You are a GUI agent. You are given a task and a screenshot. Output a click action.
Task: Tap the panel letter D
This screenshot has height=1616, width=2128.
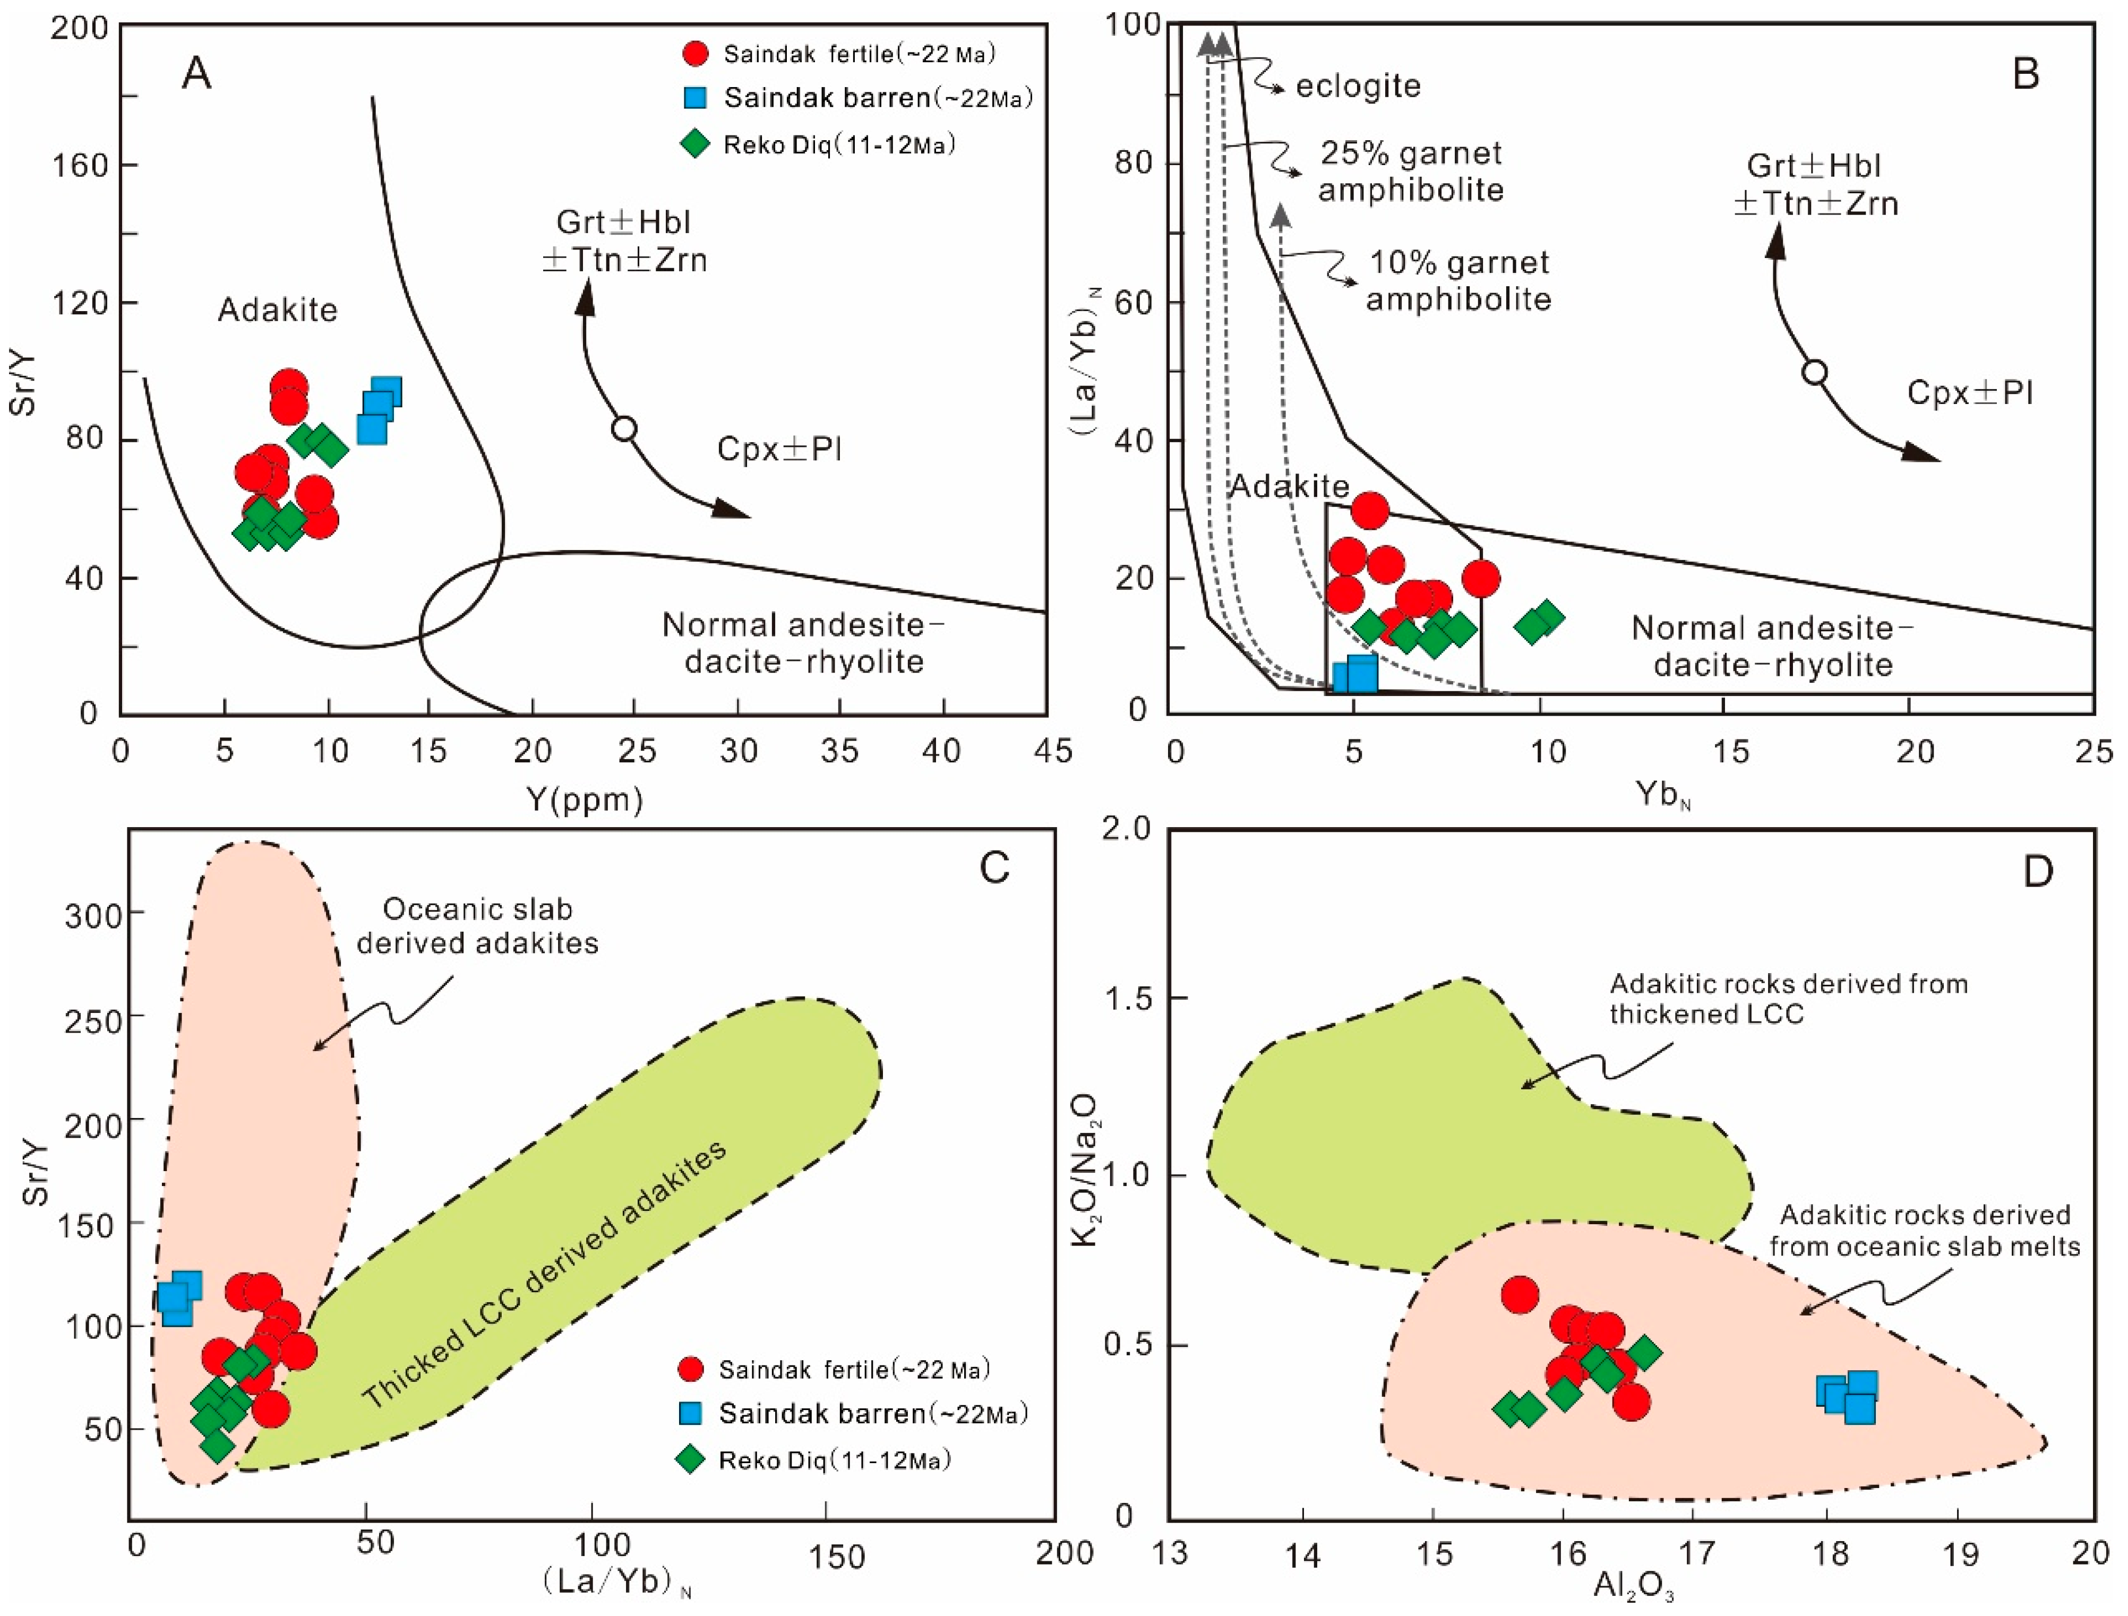tap(2038, 872)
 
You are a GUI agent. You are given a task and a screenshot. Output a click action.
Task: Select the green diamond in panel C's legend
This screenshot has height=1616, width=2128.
tap(690, 1460)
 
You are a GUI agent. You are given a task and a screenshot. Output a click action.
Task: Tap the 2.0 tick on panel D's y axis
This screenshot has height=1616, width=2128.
tap(1123, 829)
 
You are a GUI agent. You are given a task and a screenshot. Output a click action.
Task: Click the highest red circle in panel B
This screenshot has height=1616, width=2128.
tap(1369, 511)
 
